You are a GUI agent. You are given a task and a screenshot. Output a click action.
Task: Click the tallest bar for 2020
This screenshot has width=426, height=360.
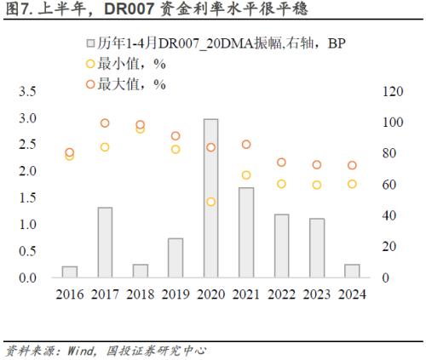coord(210,198)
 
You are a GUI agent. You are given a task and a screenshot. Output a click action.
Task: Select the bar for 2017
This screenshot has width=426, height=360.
coord(105,242)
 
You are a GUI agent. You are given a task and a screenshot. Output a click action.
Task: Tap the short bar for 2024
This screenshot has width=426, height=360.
coord(352,271)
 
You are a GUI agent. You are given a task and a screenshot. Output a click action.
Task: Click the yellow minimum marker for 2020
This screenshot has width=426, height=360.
coord(210,202)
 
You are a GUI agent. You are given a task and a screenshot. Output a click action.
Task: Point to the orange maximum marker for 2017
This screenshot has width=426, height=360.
coord(105,123)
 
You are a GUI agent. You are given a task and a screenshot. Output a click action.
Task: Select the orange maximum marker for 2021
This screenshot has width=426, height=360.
coord(246,145)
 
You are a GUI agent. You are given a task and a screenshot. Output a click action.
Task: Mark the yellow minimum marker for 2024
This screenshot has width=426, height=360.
coord(352,184)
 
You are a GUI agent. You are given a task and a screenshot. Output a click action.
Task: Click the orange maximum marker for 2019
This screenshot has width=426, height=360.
coord(176,136)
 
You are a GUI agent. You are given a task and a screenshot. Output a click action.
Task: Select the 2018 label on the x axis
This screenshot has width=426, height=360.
coord(140,294)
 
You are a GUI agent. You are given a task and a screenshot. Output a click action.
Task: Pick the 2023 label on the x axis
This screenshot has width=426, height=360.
coord(317,294)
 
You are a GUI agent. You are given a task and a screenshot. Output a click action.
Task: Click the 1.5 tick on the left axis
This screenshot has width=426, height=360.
coord(27,197)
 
